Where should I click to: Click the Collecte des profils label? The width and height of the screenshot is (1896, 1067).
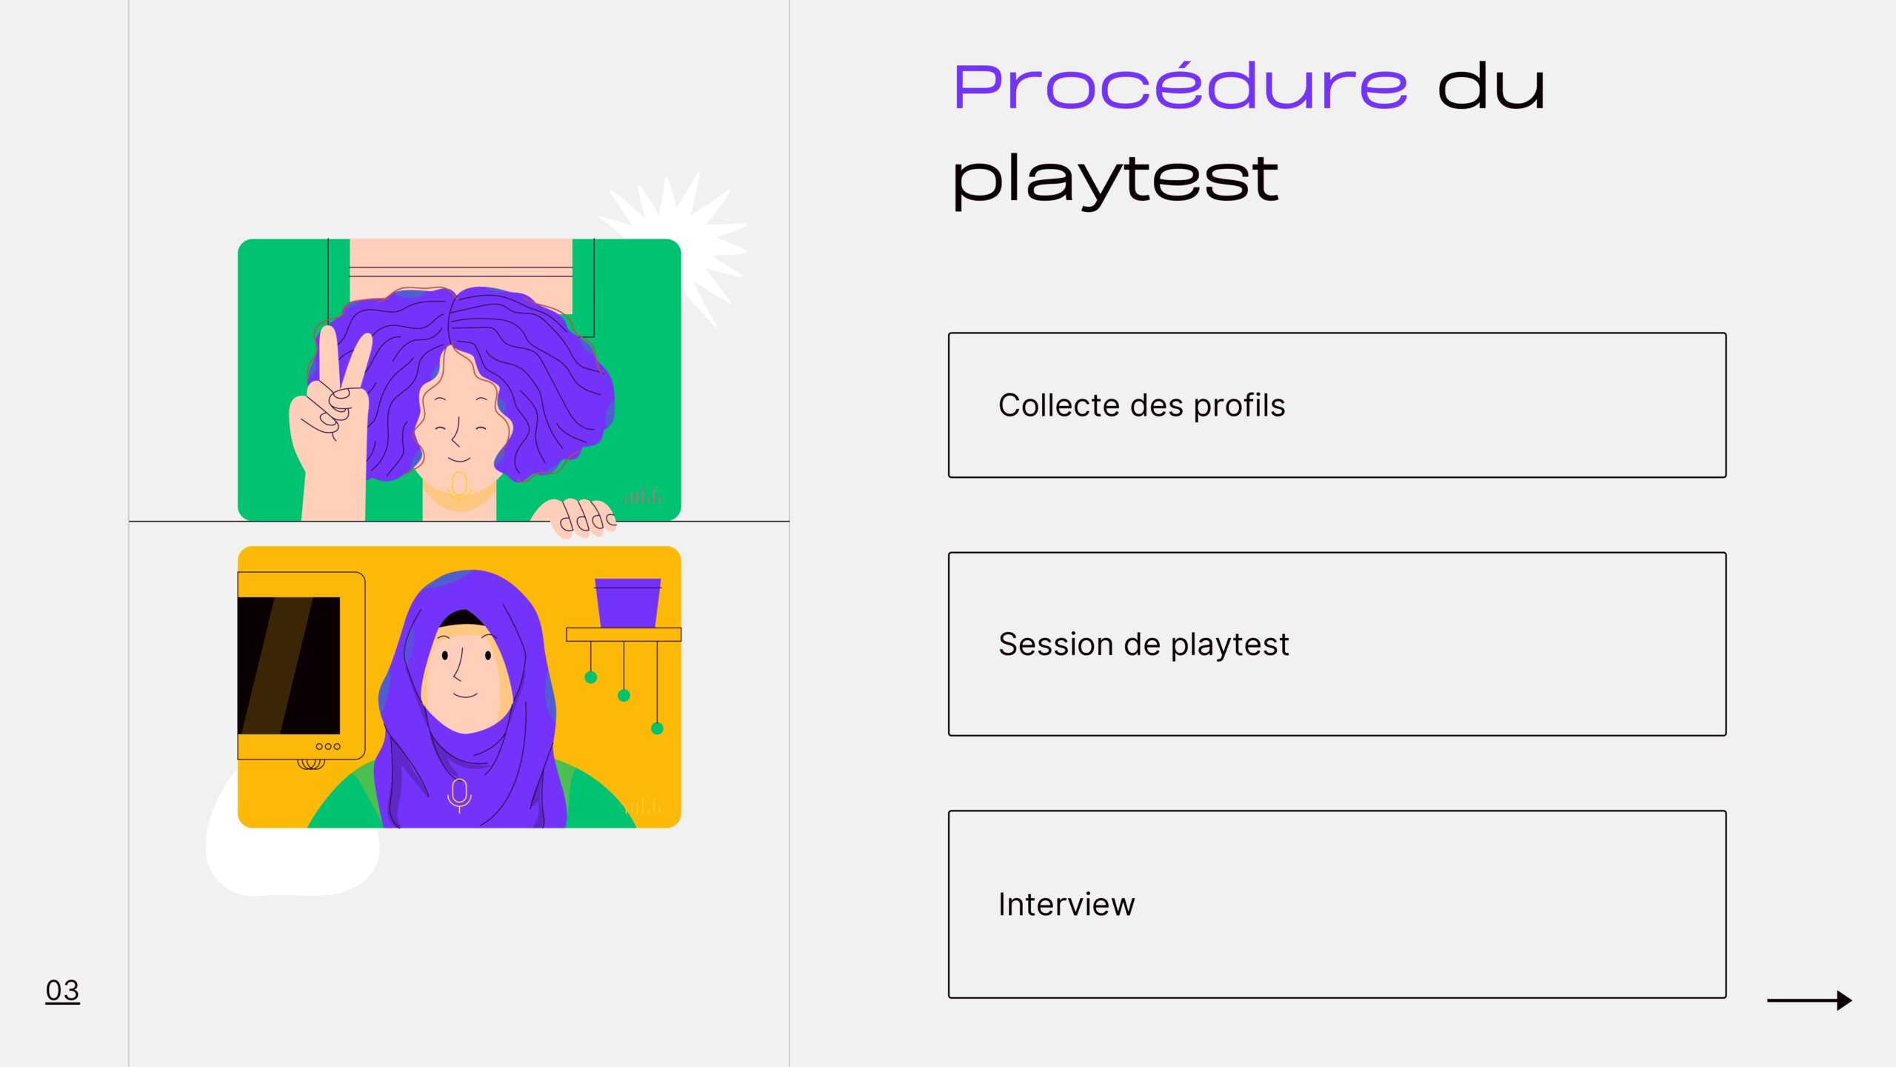tap(1141, 405)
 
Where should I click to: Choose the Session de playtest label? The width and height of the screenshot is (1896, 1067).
tap(1144, 645)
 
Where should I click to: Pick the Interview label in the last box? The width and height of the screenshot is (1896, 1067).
tap(1066, 904)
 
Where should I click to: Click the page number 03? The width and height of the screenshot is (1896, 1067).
tap(62, 991)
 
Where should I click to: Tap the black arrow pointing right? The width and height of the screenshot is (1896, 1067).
tap(1809, 1000)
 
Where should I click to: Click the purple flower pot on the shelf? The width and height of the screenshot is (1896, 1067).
tap(627, 602)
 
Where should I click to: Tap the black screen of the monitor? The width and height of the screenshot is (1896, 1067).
tap(289, 665)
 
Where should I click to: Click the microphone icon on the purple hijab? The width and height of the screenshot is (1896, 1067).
tap(459, 795)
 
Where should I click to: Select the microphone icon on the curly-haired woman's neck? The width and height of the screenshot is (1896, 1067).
tap(459, 488)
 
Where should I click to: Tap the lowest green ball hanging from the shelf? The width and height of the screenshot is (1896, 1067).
tap(657, 728)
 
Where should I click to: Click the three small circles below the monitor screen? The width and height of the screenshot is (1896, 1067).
tap(328, 746)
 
